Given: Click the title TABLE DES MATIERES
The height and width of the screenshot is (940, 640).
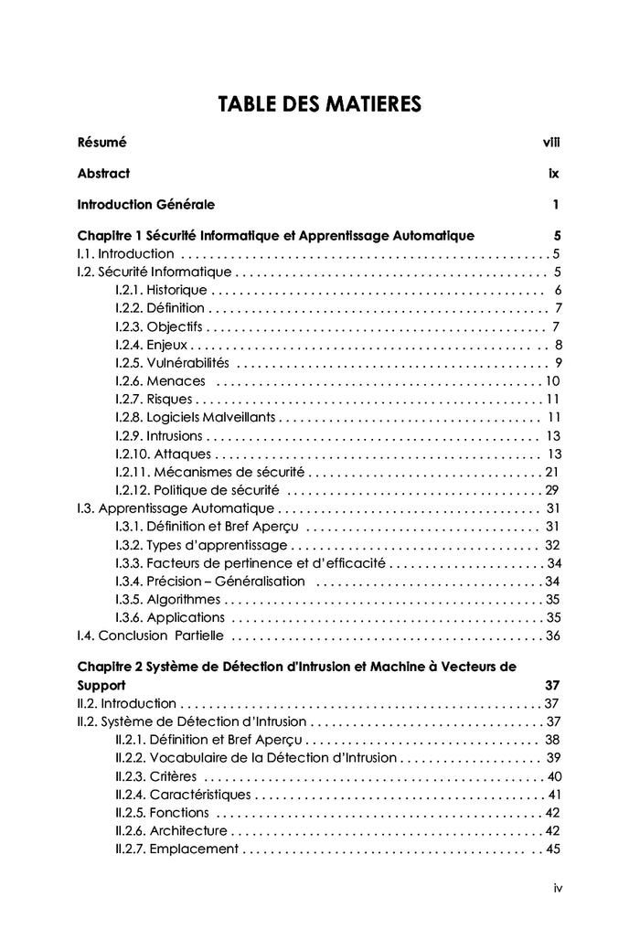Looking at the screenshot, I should pyautogui.click(x=319, y=105).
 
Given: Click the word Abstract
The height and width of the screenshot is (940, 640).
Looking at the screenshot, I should pyautogui.click(x=103, y=173).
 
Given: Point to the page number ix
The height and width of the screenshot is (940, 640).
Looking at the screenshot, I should pyautogui.click(x=554, y=173).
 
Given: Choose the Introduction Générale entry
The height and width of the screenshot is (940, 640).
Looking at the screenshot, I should pyautogui.click(x=146, y=204).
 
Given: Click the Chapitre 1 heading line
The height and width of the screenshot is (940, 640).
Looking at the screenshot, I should pyautogui.click(x=275, y=235).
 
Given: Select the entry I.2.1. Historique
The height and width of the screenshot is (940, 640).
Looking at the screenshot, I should pyautogui.click(x=161, y=290).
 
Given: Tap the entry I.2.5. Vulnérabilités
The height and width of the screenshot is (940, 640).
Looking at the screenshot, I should pyautogui.click(x=173, y=362).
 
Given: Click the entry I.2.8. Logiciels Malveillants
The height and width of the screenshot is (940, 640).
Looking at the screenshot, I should pyautogui.click(x=195, y=417).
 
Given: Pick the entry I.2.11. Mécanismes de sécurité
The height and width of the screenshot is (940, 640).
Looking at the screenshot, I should pyautogui.click(x=209, y=472).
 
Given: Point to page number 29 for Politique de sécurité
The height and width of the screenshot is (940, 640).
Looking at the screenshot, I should pyautogui.click(x=551, y=490).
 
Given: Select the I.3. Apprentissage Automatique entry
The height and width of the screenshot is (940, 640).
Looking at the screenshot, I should pyautogui.click(x=176, y=508).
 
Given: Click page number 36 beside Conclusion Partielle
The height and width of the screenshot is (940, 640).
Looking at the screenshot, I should pyautogui.click(x=552, y=636).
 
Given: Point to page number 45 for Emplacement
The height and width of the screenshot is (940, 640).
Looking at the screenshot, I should pyautogui.click(x=552, y=849).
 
